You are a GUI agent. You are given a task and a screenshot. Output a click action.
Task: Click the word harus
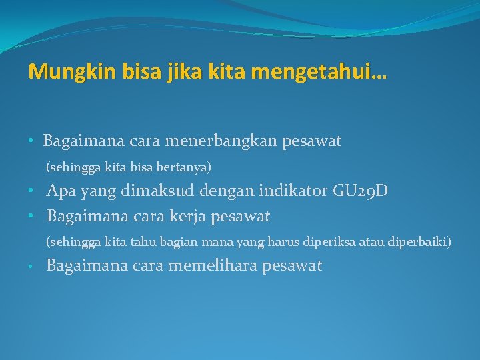(x=285, y=241)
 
